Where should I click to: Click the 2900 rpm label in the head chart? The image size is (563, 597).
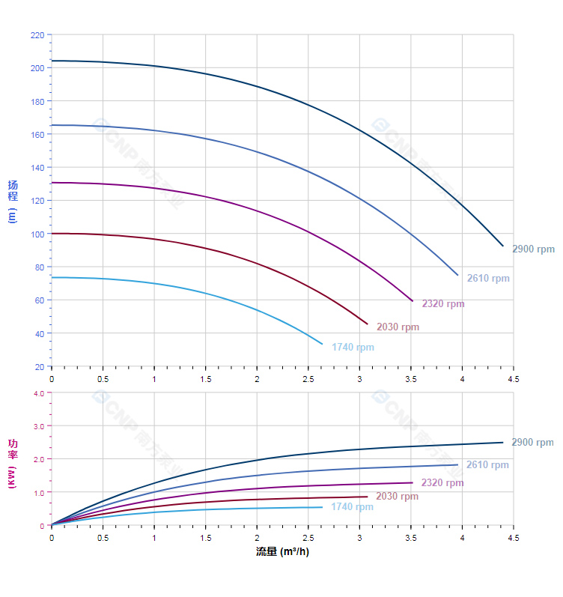click(x=533, y=249)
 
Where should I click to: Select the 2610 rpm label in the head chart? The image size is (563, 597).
click(x=488, y=279)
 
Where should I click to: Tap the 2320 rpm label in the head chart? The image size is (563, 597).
click(x=443, y=304)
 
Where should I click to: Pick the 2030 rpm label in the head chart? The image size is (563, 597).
click(x=398, y=327)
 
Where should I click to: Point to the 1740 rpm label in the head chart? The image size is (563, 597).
click(x=353, y=348)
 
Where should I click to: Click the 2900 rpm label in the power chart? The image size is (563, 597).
click(x=532, y=443)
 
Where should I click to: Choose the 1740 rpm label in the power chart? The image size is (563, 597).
click(x=352, y=507)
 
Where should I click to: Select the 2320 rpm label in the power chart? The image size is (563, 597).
click(x=442, y=483)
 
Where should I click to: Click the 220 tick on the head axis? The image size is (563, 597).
click(x=37, y=35)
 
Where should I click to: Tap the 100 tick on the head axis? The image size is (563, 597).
click(x=37, y=234)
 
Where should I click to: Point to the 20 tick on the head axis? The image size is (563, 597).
click(x=39, y=367)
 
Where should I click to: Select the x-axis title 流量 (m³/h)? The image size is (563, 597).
click(x=282, y=552)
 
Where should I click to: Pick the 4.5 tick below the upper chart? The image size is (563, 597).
click(x=513, y=379)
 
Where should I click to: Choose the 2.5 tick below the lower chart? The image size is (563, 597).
click(x=308, y=538)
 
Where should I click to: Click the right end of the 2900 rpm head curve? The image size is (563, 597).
click(x=502, y=246)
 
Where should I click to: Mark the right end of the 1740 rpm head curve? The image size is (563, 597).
click(x=322, y=344)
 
